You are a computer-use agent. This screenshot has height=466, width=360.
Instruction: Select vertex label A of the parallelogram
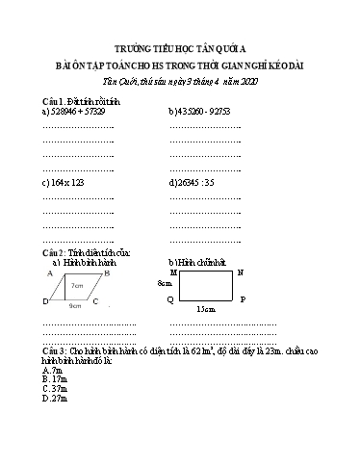pos(49,273)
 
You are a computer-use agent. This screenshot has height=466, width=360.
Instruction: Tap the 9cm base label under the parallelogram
pos(75,305)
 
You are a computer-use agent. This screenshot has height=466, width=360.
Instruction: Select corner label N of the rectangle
pos(241,272)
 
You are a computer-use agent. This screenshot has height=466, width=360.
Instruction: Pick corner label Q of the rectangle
pos(170,299)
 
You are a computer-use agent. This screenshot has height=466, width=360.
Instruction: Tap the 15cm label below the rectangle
pos(204,309)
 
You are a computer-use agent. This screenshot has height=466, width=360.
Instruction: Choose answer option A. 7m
pos(53,369)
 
